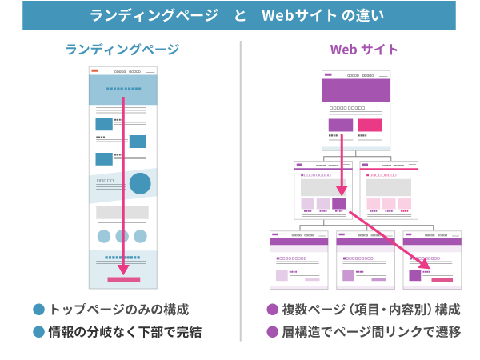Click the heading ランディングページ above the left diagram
[122, 50]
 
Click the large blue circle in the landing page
[140, 184]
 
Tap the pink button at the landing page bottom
[123, 280]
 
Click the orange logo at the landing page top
[95, 71]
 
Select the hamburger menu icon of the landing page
[150, 71]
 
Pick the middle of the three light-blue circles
[122, 236]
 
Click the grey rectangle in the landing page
[122, 213]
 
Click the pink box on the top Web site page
[370, 125]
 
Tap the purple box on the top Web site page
[340, 125]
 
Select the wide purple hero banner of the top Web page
[355, 90]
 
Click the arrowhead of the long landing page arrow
[123, 270]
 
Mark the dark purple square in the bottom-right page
[414, 274]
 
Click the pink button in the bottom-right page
[442, 280]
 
